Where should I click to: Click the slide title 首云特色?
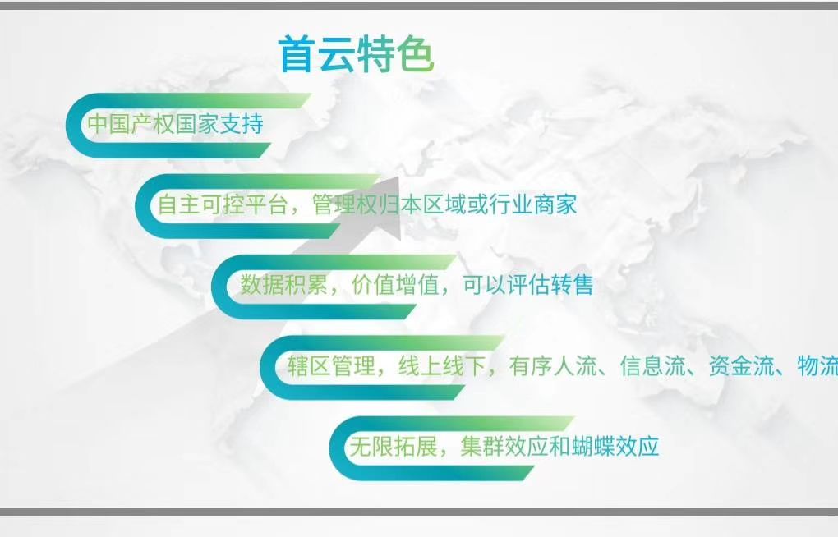click(356, 53)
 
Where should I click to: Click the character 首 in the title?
click(297, 53)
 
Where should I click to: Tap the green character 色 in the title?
click(415, 53)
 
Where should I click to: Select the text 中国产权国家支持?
click(175, 124)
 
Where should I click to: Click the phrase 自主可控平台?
click(223, 204)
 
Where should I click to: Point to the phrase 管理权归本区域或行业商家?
click(444, 204)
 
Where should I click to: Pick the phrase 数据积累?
click(283, 284)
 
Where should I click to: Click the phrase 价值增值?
click(395, 284)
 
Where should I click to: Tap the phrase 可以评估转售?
click(528, 284)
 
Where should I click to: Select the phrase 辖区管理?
click(331, 366)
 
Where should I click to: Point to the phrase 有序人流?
click(553, 366)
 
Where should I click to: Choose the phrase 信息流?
click(652, 366)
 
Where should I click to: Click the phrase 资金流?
click(741, 366)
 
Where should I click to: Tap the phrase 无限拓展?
click(394, 446)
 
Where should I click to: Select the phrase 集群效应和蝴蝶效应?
click(559, 446)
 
